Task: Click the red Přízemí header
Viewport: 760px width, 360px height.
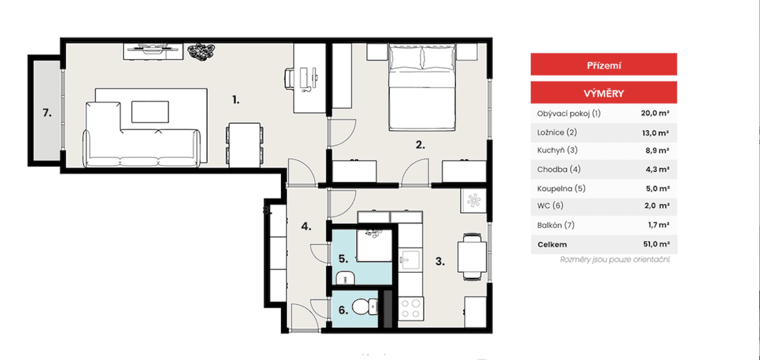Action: point(603,65)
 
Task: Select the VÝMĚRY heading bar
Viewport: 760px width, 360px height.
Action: point(603,93)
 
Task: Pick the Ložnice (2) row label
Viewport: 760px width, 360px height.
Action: point(557,132)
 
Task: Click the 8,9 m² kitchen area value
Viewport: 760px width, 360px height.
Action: point(656,151)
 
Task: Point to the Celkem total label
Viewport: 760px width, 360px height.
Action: point(551,245)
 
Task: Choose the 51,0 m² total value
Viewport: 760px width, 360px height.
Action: point(655,245)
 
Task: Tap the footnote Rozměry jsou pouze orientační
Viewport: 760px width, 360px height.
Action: point(615,260)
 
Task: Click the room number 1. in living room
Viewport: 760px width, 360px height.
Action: point(236,100)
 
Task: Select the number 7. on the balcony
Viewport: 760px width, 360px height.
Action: point(48,112)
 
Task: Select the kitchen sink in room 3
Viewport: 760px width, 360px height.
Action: point(409,260)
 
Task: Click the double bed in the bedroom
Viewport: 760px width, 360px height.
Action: point(422,87)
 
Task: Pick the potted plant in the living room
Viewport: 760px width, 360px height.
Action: point(201,51)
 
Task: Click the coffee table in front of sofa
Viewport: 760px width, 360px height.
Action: point(150,111)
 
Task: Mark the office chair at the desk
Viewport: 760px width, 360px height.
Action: point(289,79)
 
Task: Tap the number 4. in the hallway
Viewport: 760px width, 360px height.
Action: point(306,227)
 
